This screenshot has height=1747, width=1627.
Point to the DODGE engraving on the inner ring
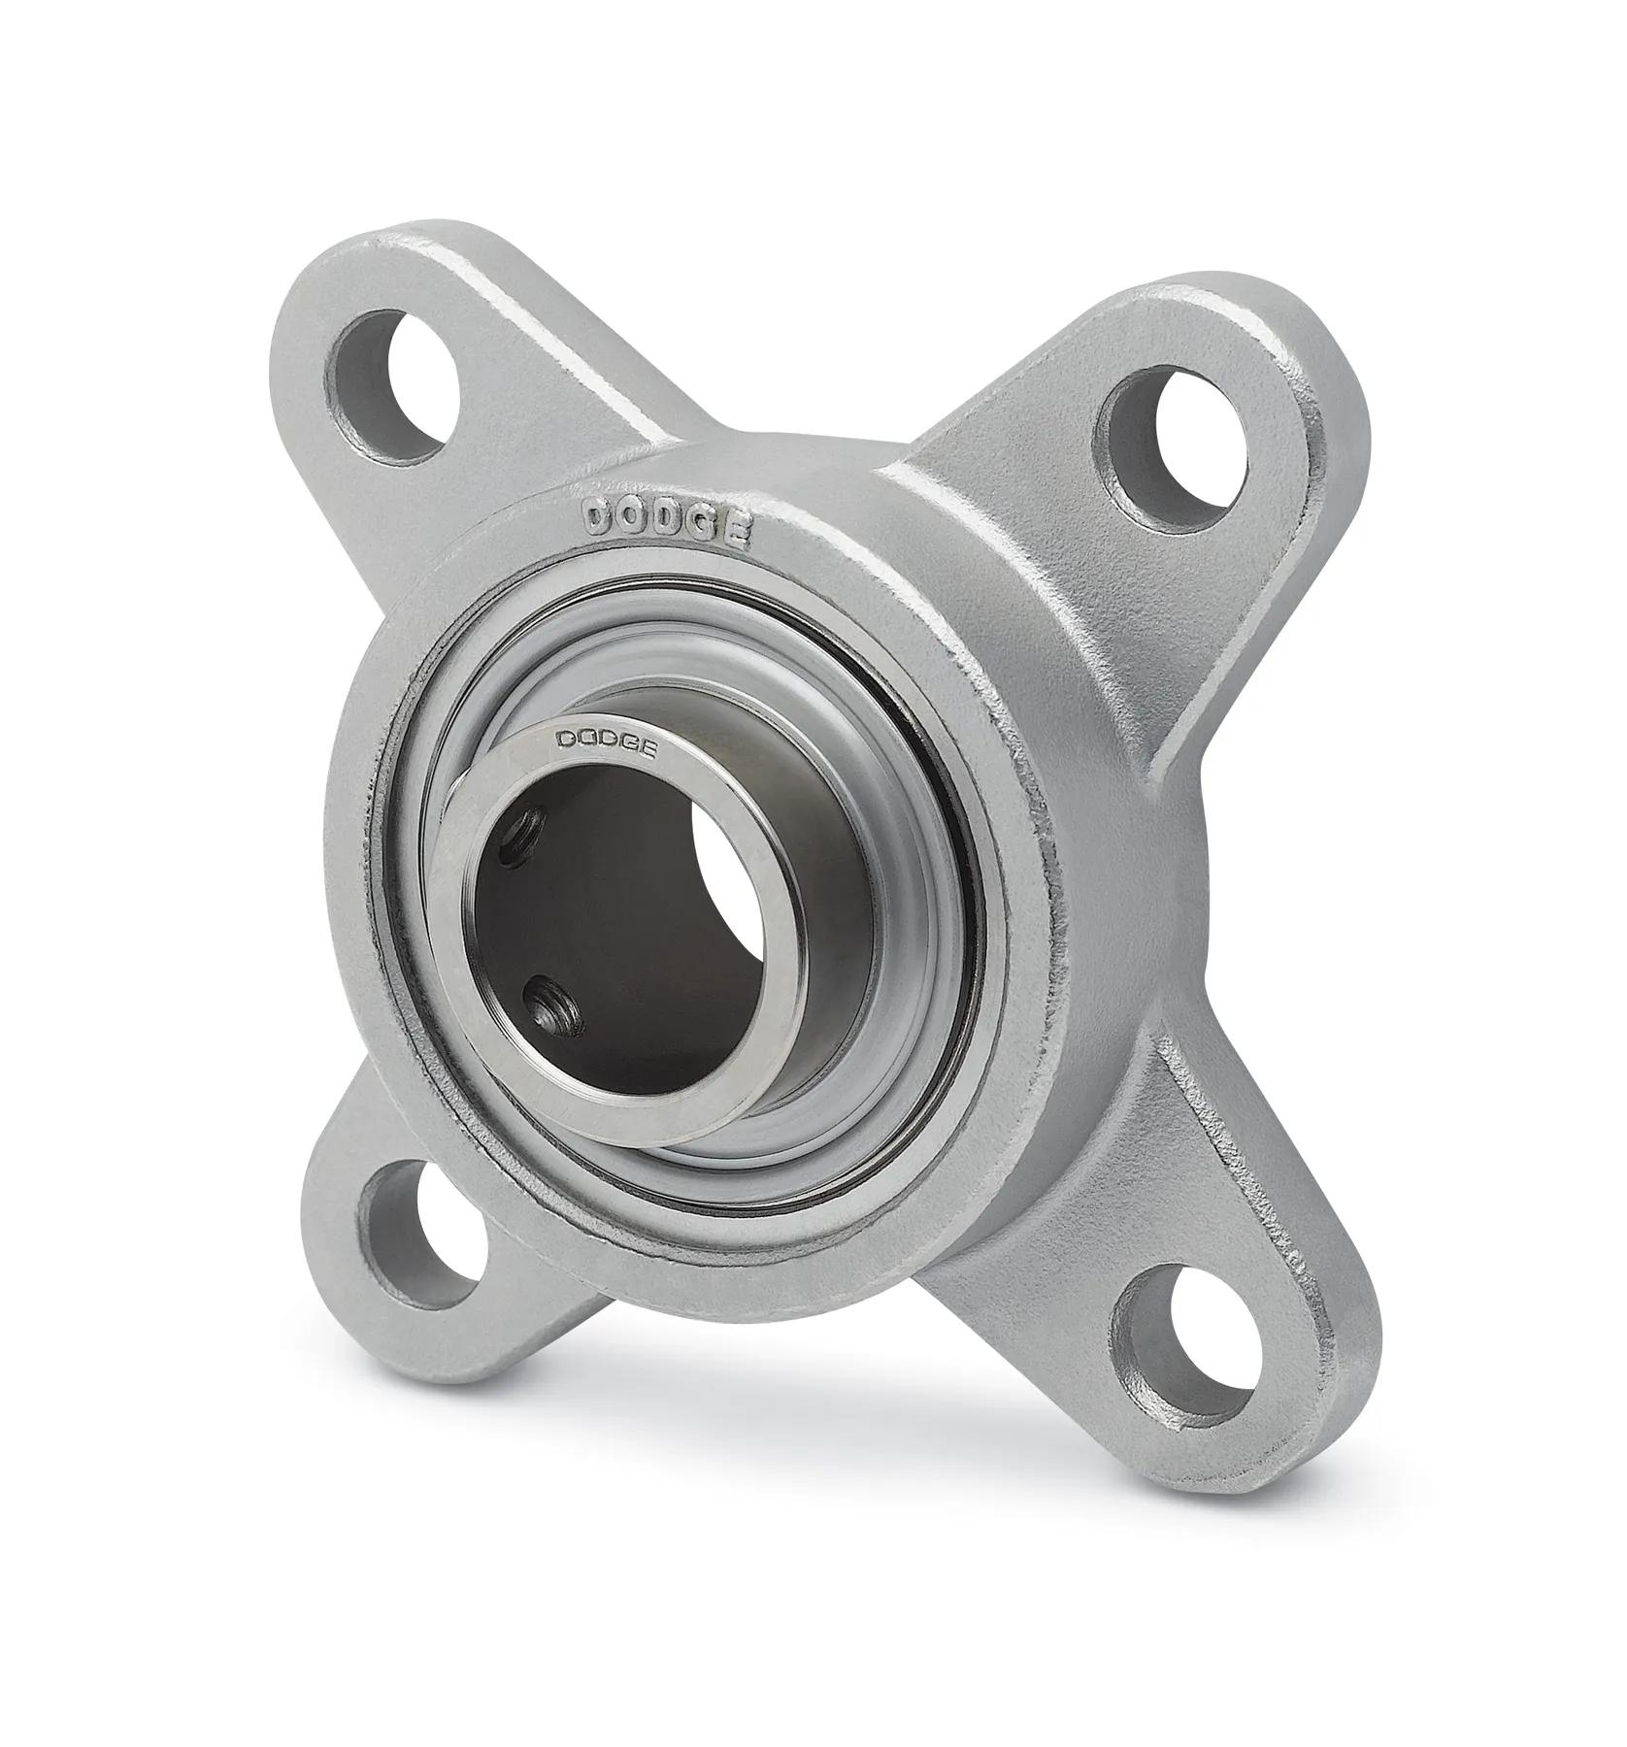point(606,742)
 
